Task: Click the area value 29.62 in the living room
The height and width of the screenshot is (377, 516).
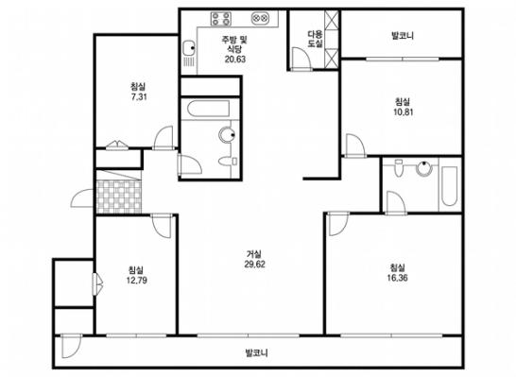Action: [x=255, y=265]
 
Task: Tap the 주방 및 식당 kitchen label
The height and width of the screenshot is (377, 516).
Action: [x=234, y=44]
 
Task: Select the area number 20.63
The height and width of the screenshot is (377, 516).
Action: [x=235, y=60]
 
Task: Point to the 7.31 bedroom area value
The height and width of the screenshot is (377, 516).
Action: [x=139, y=97]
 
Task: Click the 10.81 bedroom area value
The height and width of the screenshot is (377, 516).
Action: [x=404, y=112]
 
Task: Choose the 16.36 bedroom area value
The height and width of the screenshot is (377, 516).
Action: [x=398, y=278]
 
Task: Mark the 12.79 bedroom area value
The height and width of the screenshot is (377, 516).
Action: [x=137, y=281]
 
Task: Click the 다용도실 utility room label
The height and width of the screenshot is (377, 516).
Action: [x=315, y=39]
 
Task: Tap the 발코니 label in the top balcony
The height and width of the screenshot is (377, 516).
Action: [x=403, y=35]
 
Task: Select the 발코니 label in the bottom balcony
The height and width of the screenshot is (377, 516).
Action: [x=257, y=353]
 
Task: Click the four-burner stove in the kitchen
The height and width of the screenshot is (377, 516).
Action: [x=221, y=18]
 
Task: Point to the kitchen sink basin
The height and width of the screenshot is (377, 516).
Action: [x=189, y=47]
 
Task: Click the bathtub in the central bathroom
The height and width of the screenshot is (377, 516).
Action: [x=208, y=109]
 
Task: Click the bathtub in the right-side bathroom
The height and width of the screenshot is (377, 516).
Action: [x=449, y=186]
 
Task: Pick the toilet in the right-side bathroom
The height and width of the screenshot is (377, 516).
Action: [x=399, y=168]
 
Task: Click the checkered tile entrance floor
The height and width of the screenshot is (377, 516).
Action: [x=118, y=197]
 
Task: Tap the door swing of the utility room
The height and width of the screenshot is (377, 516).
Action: [x=301, y=59]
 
